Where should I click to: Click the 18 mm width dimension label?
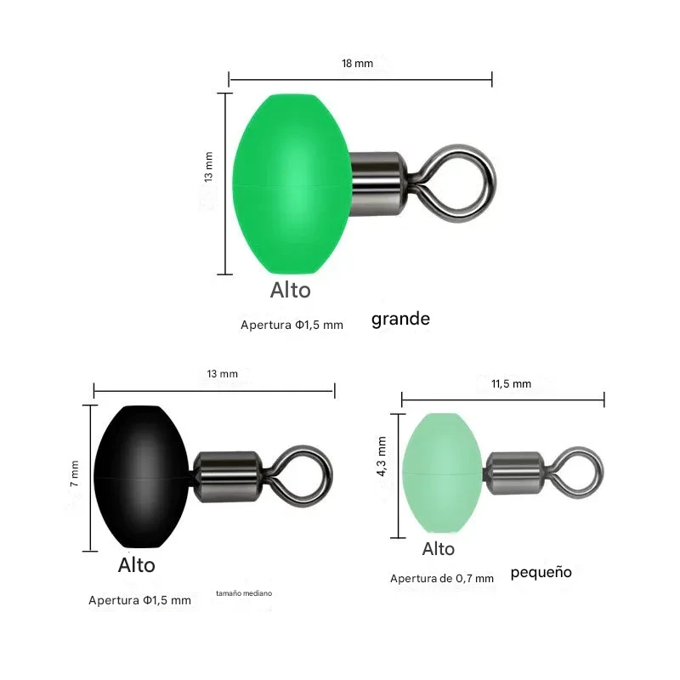point(357,63)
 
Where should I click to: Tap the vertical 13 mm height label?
point(208,167)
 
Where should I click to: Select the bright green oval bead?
point(292,184)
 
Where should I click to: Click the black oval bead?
point(142,477)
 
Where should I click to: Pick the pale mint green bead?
point(442,473)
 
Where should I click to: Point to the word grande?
point(400,320)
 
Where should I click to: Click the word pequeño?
point(541,572)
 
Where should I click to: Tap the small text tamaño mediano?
point(244,593)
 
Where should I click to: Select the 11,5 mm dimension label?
point(512,384)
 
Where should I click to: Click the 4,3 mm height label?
point(382,456)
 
